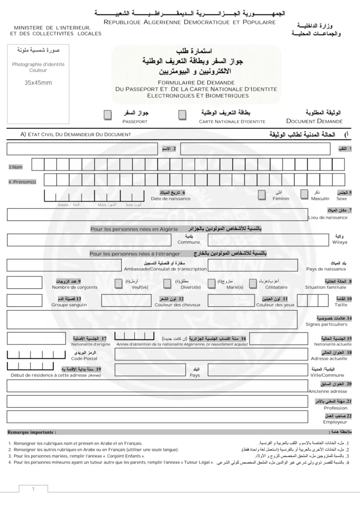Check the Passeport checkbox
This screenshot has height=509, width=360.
click(107, 115)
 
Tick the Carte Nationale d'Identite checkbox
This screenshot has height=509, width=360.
click(182, 115)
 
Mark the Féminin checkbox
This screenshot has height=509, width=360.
click(262, 195)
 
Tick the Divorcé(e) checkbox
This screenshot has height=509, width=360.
click(167, 283)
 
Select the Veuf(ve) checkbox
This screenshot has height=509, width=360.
click(118, 283)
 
